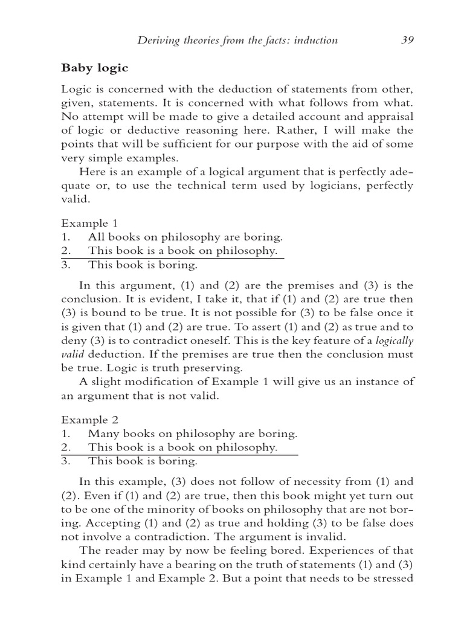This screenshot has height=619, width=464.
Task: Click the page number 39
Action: [407, 41]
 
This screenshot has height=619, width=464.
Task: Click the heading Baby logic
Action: [94, 68]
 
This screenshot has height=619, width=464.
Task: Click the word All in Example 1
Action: [95, 237]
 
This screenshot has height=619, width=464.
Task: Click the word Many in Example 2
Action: [101, 433]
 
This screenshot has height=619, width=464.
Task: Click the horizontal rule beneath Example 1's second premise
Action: [172, 258]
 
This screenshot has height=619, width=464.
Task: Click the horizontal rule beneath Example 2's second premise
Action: [179, 455]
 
